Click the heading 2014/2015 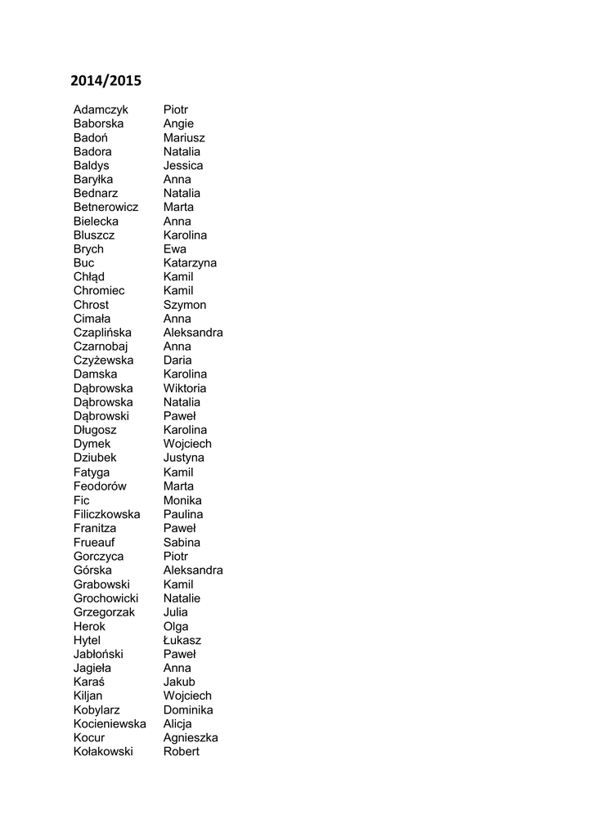coord(106,81)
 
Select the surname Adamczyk coord(101,110)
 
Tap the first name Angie coord(178,123)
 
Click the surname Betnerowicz coord(106,208)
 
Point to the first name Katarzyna coord(190,263)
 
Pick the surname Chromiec coord(99,291)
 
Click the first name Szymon coord(185,305)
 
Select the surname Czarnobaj coord(101,347)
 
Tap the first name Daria coord(177,360)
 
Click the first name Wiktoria coord(185,388)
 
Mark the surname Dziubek coord(95,458)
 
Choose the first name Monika coord(182,500)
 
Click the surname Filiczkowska coord(106,514)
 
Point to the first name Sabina coord(182,542)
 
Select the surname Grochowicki coord(106,598)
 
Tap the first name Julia coord(175,612)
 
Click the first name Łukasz coord(182,640)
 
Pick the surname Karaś coord(88,682)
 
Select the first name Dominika coord(188,709)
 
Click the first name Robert coord(181,751)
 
